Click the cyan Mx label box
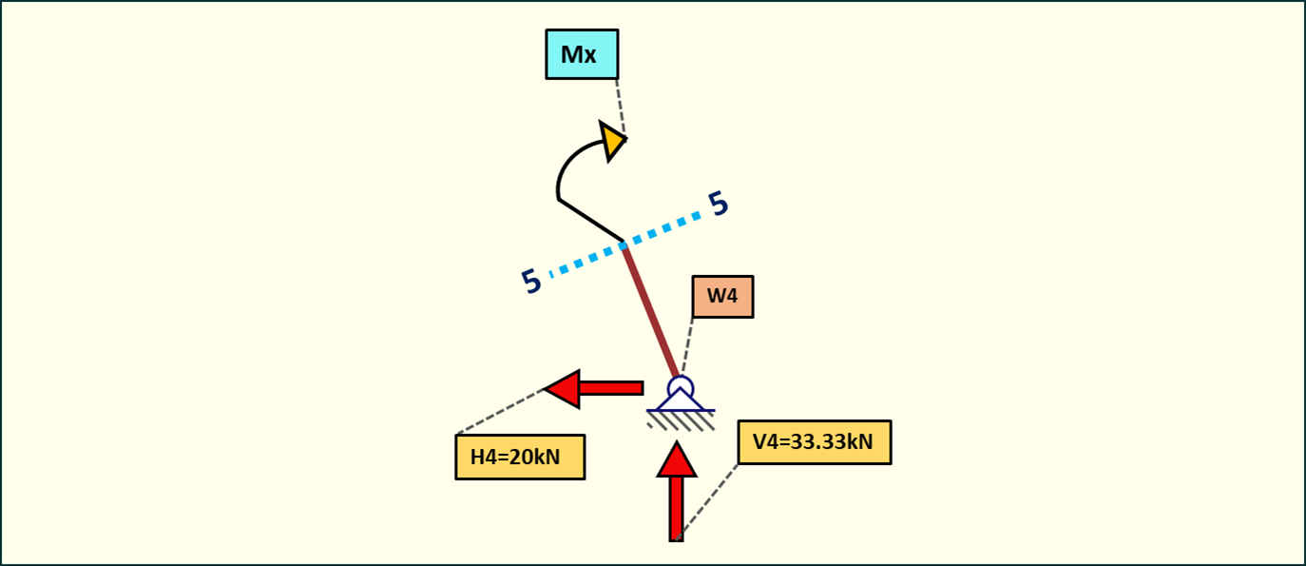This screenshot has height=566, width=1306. pos(581,54)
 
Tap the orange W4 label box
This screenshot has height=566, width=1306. pos(722,296)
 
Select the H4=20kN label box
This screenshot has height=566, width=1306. pos(519,457)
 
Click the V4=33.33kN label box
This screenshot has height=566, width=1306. pos(814,441)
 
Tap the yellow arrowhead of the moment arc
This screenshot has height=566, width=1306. pos(612,141)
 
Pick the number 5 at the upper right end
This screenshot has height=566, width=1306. pos(719,204)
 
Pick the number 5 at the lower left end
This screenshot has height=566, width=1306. pos(531,282)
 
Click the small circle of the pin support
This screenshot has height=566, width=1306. pos(681,387)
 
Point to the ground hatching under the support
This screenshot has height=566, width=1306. pos(682,420)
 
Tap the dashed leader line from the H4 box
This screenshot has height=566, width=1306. pos(499,412)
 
